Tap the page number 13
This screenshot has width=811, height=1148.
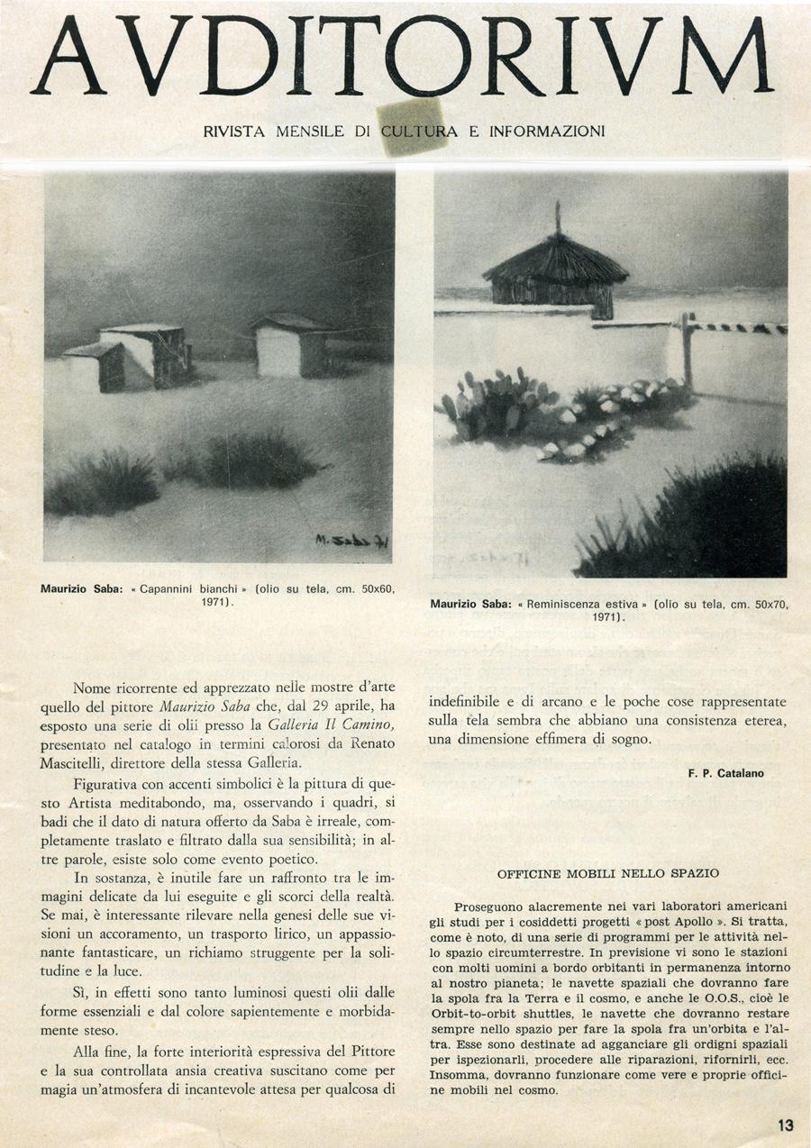coord(785,1125)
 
